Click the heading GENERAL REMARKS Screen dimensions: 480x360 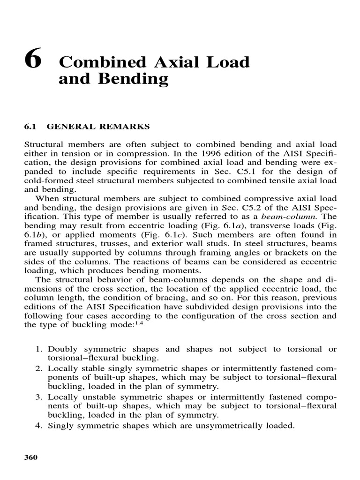click(98, 127)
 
